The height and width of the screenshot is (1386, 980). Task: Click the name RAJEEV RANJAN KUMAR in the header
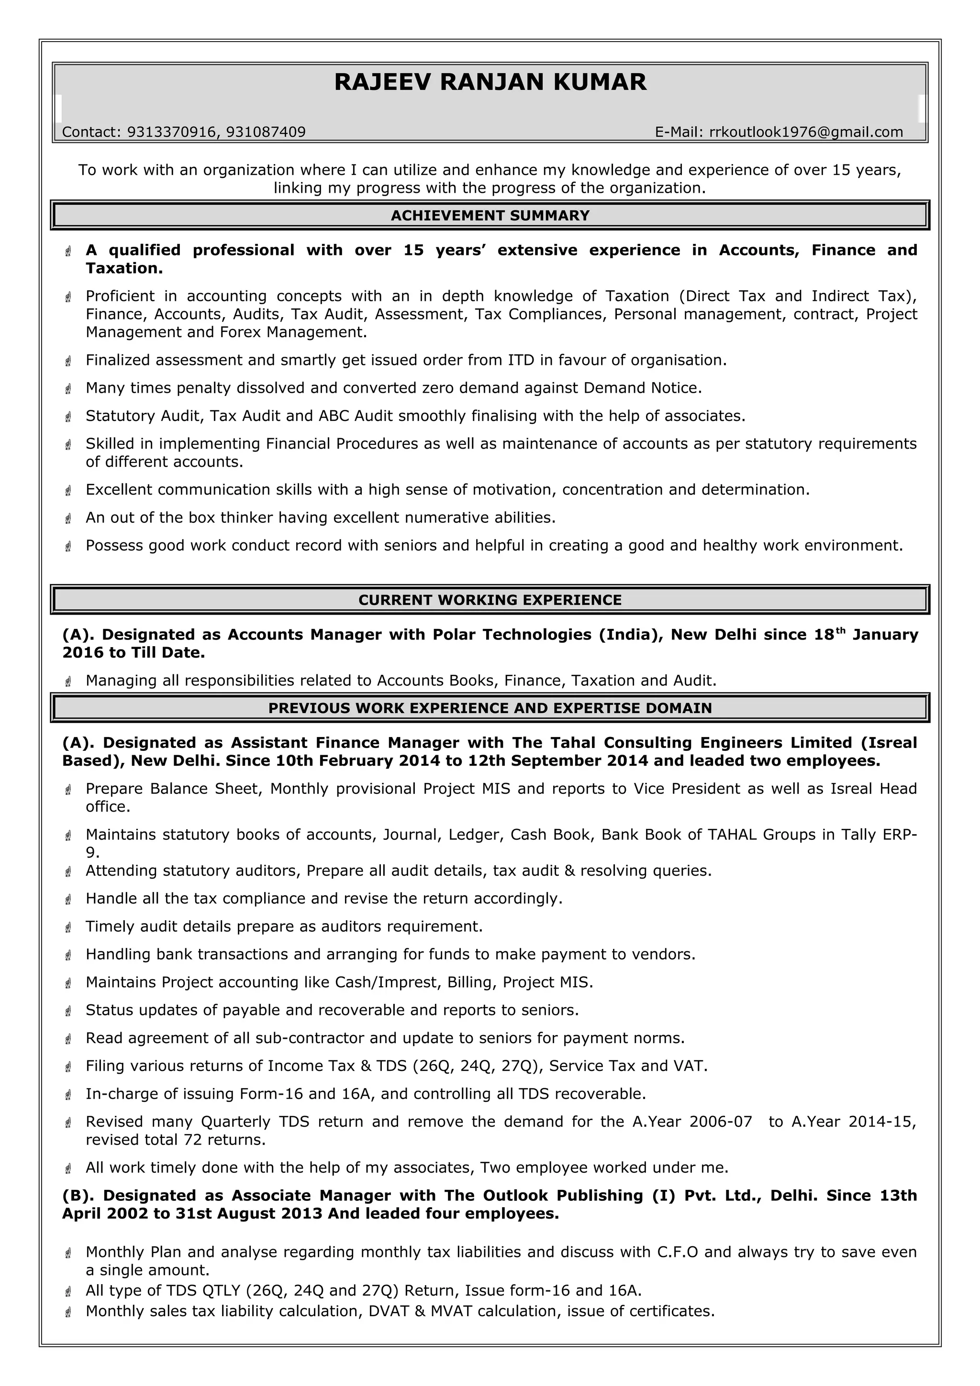(490, 82)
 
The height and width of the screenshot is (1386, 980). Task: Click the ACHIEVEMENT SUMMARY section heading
(490, 216)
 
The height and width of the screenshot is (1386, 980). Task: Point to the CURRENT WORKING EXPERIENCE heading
(490, 600)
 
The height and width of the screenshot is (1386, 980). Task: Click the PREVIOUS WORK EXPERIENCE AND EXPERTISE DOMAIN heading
(490, 708)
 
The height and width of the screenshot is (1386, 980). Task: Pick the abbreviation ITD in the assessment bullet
(521, 361)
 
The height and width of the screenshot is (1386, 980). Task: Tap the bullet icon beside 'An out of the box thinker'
(68, 518)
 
